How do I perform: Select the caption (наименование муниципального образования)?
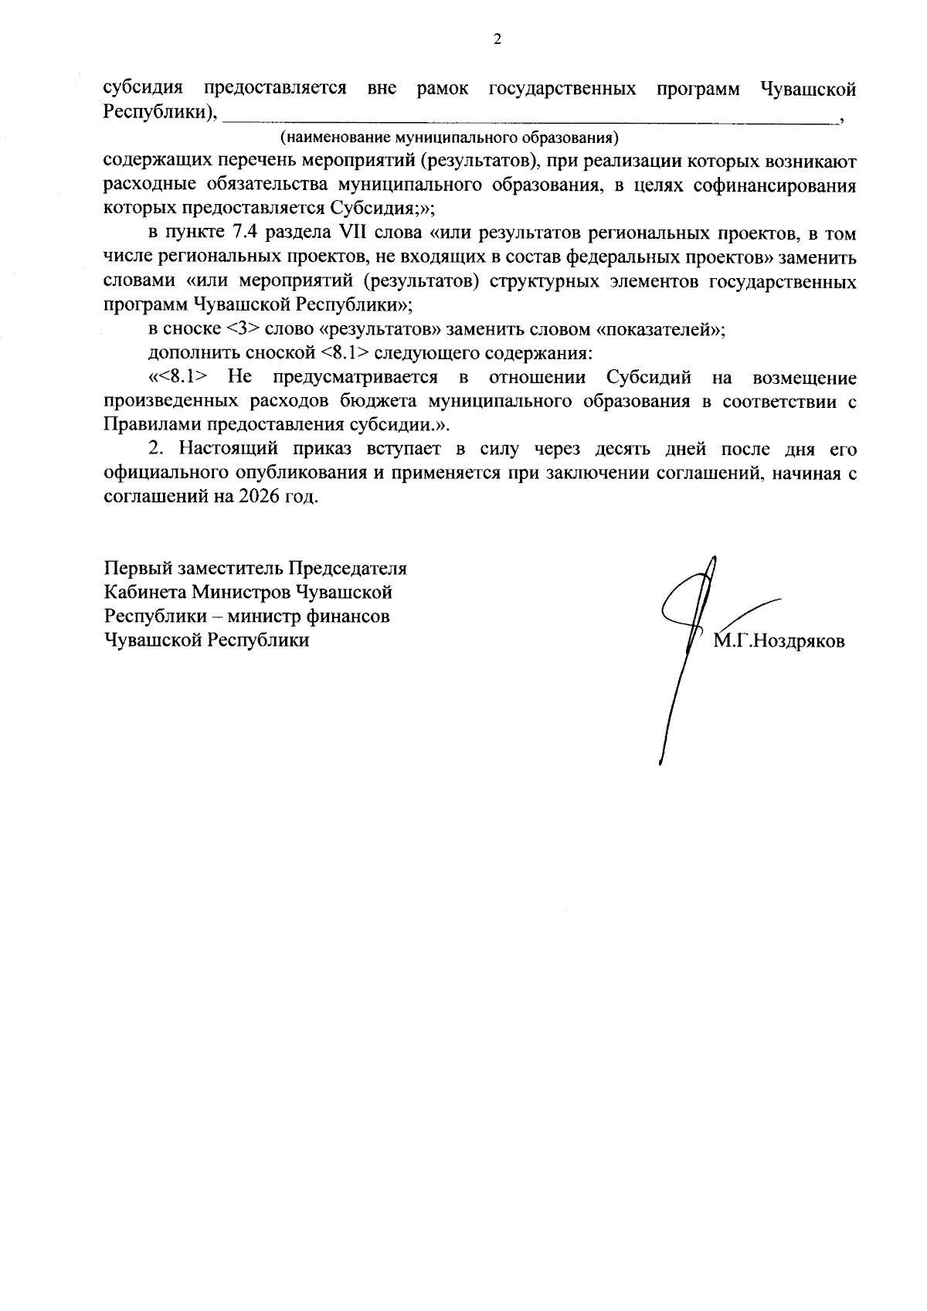449,139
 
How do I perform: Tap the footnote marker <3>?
244,330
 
